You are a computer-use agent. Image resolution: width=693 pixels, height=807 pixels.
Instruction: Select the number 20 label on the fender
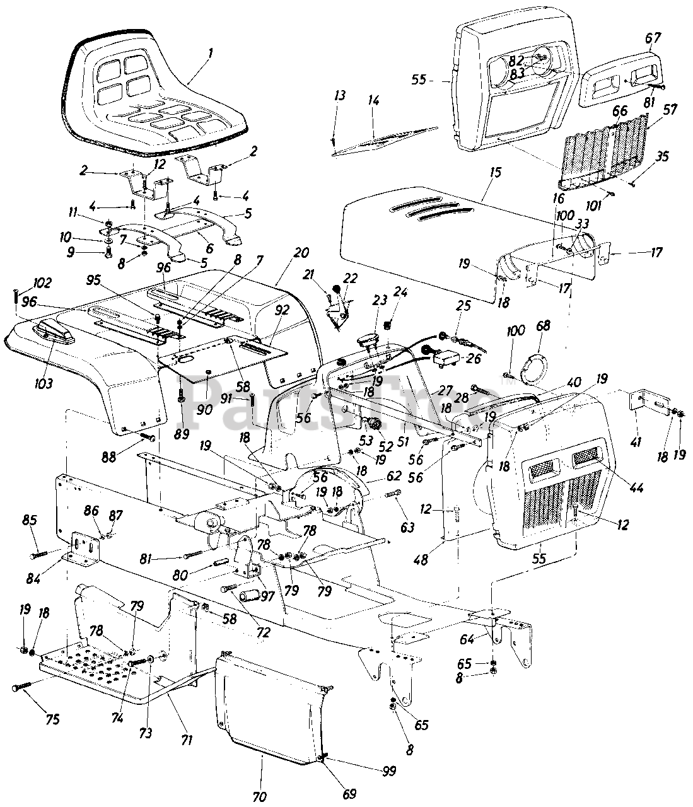point(301,253)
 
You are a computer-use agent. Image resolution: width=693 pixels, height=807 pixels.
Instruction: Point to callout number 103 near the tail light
point(43,383)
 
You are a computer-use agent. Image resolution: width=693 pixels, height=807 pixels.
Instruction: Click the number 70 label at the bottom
point(260,796)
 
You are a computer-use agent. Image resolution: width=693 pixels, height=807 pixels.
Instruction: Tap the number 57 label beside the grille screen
point(670,110)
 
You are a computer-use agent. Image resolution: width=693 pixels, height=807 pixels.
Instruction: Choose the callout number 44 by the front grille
point(636,487)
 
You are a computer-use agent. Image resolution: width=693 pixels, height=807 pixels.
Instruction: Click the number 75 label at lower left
point(52,719)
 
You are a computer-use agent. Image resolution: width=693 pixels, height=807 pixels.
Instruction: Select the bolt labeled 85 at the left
point(38,554)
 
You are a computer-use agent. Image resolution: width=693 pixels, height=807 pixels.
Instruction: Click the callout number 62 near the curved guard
point(393,475)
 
